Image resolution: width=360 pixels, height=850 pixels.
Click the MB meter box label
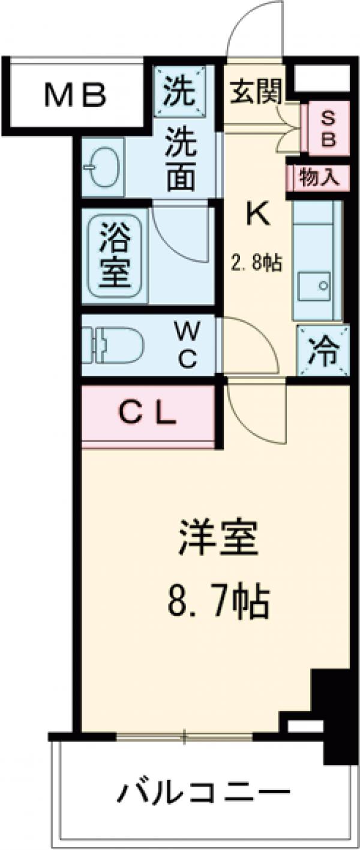coord(76,94)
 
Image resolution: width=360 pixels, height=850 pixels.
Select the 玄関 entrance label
coord(253,91)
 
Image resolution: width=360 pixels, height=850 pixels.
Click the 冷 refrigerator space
coord(323,350)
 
